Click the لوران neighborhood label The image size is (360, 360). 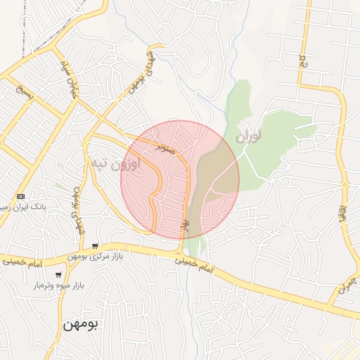click(x=248, y=134)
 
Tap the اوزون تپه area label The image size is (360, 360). click(x=115, y=163)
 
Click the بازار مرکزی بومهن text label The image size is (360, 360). click(x=96, y=257)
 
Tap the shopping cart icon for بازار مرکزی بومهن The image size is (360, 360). click(x=95, y=246)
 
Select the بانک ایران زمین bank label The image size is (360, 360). click(x=15, y=207)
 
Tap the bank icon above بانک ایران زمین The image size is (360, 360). click(x=20, y=196)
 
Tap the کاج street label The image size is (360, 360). click(x=304, y=61)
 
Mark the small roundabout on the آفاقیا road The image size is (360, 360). click(x=345, y=184)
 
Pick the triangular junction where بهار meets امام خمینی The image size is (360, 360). click(x=182, y=251)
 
